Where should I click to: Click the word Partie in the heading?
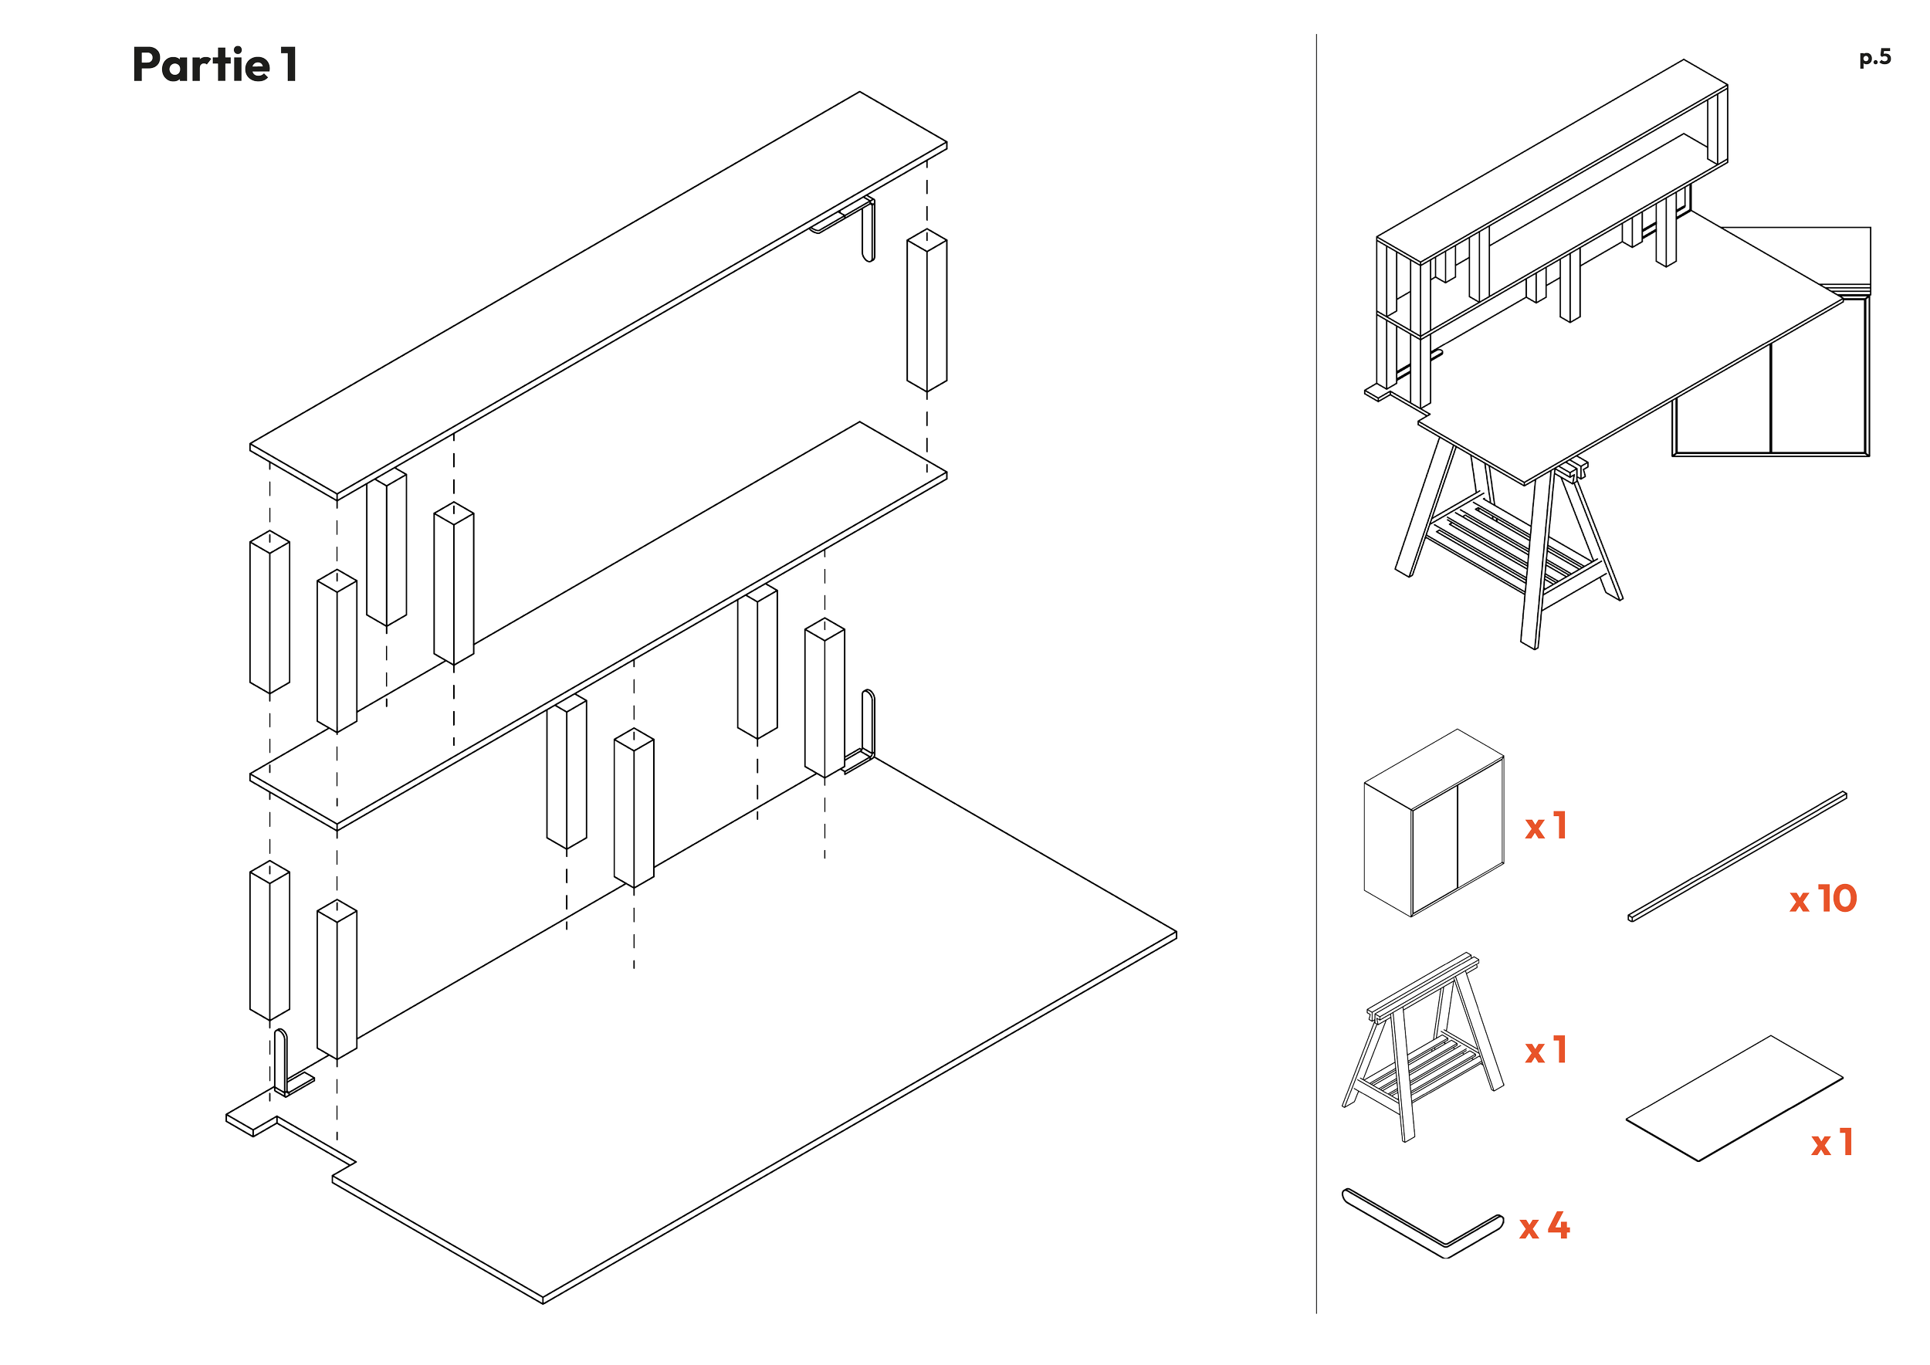201,65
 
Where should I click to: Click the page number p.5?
1874,58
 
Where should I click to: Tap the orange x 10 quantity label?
1823,899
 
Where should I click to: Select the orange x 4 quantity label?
1544,1226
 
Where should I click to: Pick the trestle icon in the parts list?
1422,1047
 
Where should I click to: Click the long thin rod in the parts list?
1738,856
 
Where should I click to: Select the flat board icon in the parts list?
1734,1098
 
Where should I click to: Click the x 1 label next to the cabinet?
1546,826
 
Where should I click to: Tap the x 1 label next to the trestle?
1546,1051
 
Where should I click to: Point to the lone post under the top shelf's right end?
926,310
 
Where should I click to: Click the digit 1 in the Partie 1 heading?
289,65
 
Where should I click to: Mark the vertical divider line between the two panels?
1316,673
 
